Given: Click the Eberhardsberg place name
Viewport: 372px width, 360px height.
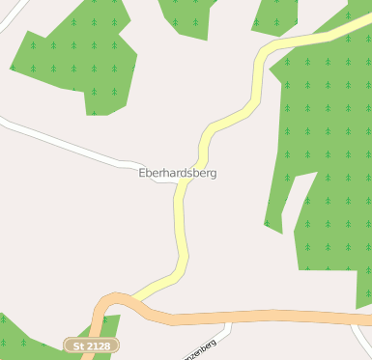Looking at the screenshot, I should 178,173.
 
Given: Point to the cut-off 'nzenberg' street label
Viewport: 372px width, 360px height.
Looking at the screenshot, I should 211,348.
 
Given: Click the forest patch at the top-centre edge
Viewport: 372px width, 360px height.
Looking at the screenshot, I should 188,14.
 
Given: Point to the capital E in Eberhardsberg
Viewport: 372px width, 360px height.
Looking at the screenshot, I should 143,173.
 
